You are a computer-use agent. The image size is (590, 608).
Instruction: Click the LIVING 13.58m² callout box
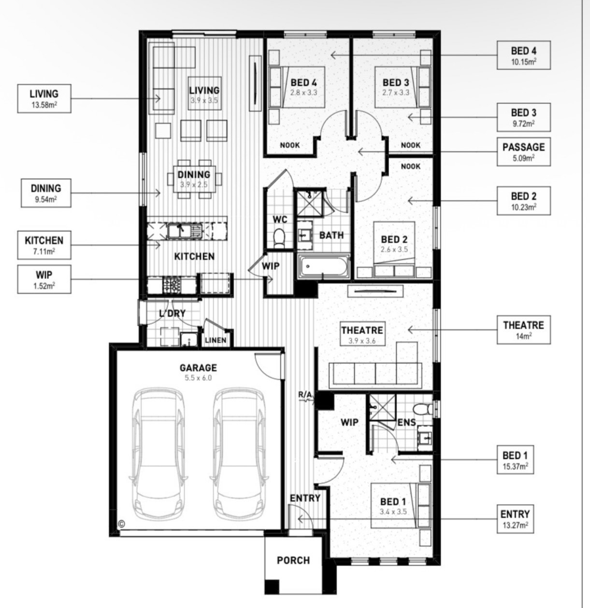point(44,99)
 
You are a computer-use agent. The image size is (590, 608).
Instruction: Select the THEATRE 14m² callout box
point(523,330)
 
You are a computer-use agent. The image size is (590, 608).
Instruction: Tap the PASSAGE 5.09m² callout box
point(523,152)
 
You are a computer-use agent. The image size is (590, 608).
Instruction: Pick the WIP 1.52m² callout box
point(44,279)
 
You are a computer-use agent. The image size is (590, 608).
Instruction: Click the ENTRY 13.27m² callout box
point(515,519)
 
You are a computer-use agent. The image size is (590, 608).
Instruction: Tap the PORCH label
point(293,560)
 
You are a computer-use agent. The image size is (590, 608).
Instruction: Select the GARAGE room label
point(198,368)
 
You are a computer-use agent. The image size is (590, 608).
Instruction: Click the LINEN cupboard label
point(216,340)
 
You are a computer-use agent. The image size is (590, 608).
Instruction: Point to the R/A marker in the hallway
point(305,395)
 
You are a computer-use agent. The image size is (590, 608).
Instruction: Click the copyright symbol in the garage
point(122,523)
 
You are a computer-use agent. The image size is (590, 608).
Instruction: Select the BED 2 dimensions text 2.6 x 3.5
point(394,249)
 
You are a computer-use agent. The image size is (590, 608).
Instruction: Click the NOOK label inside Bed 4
point(290,145)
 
